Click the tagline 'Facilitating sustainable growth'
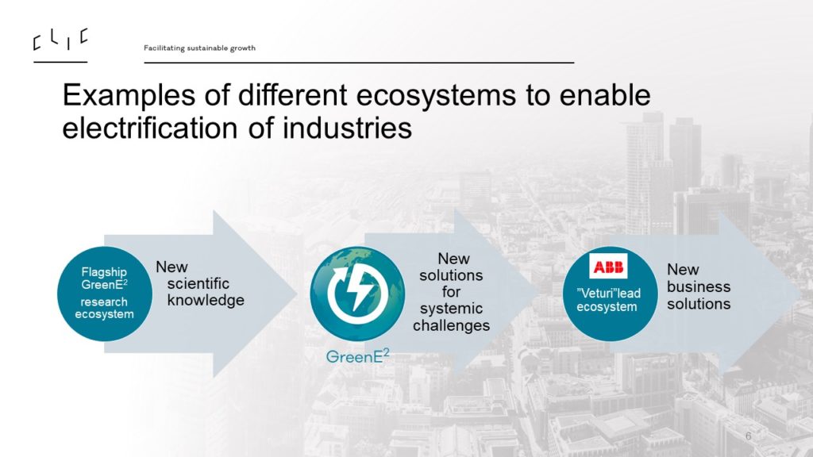tap(199, 48)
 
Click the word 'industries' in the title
tap(347, 128)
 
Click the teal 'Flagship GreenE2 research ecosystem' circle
tap(105, 294)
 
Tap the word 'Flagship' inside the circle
tap(104, 272)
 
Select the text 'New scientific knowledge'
tap(200, 283)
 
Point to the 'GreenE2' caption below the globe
tap(357, 356)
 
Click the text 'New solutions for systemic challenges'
tap(452, 292)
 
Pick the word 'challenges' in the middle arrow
tap(452, 325)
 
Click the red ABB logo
tap(608, 267)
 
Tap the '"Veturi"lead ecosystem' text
tap(607, 300)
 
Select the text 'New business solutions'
tap(699, 286)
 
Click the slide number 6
tap(748, 436)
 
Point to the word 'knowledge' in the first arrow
tap(206, 301)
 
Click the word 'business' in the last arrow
tap(699, 286)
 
